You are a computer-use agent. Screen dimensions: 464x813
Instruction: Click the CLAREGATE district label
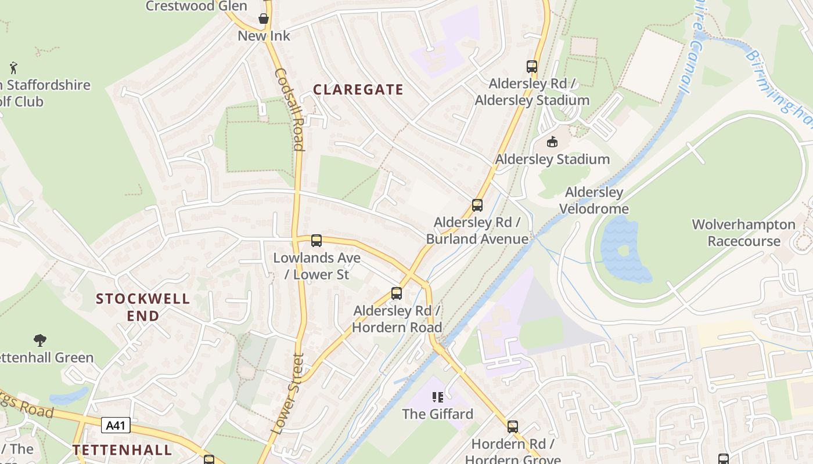click(x=358, y=89)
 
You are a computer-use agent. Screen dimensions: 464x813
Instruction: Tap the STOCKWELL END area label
click(x=143, y=307)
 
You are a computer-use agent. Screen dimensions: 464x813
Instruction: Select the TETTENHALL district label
click(x=123, y=449)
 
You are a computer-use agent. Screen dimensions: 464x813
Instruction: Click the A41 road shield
click(x=116, y=426)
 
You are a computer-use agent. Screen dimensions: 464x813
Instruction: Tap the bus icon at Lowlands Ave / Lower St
click(x=316, y=240)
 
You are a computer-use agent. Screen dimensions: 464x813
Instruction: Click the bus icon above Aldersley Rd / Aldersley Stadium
click(x=532, y=66)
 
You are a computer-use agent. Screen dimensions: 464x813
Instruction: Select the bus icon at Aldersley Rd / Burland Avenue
click(x=477, y=205)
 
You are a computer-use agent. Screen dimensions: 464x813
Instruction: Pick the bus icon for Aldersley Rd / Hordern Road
click(x=397, y=293)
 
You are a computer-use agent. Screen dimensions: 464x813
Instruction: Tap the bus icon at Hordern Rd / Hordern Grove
click(x=512, y=426)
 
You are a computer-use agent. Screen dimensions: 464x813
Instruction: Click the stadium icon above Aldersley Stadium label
click(x=552, y=142)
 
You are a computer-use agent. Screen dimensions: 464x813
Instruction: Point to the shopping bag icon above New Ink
click(x=264, y=19)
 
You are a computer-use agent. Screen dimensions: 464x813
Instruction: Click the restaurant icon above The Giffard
click(x=438, y=397)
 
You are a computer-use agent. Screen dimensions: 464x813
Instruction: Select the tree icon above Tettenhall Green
click(x=40, y=340)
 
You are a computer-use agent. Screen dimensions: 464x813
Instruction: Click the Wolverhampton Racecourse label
click(x=743, y=233)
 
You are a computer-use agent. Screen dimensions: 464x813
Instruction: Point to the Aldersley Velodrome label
click(x=593, y=201)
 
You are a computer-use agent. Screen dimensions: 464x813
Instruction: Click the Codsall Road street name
click(x=289, y=109)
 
